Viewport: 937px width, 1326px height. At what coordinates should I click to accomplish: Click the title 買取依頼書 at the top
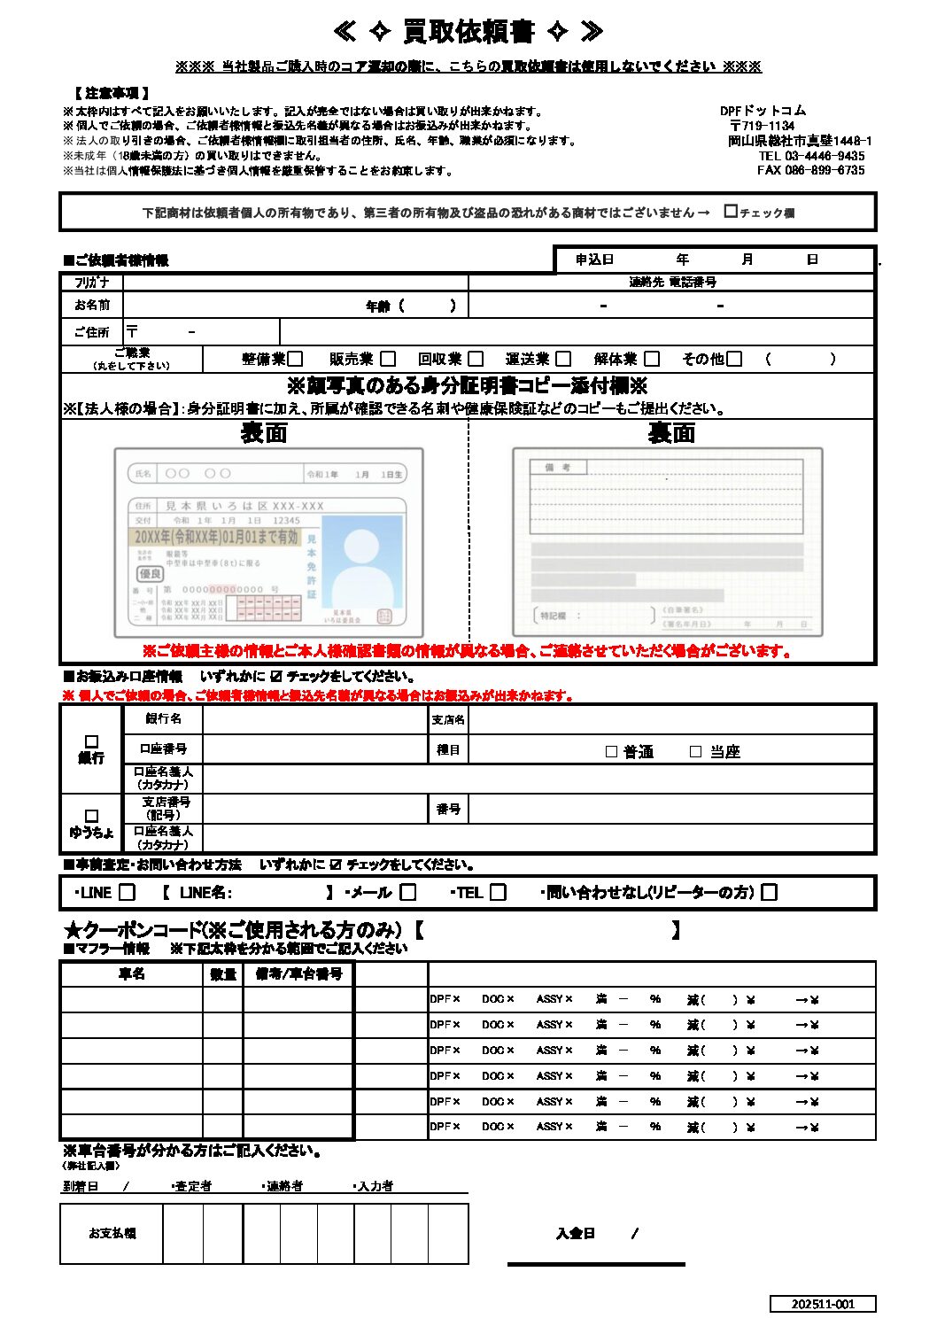click(468, 32)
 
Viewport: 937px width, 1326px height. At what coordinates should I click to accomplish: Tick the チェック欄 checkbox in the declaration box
click(731, 212)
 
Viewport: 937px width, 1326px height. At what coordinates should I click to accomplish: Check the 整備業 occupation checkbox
click(296, 359)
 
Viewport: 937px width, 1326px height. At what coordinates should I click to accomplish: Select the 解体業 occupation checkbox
click(652, 359)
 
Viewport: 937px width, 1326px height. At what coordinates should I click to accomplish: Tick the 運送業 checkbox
click(563, 359)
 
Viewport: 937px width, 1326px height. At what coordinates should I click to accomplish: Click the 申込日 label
click(594, 260)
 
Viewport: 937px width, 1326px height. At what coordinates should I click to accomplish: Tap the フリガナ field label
click(92, 283)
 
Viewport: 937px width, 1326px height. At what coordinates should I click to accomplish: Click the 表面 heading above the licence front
click(264, 433)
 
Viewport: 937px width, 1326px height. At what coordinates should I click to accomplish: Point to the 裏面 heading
click(671, 433)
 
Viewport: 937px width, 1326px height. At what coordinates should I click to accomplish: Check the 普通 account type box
click(611, 752)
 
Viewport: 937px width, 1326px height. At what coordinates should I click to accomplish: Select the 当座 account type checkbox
click(695, 752)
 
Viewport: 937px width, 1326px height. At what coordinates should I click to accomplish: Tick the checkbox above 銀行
click(91, 741)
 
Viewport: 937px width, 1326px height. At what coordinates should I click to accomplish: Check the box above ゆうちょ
click(91, 816)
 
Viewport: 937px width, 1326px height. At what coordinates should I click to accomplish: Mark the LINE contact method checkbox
click(128, 893)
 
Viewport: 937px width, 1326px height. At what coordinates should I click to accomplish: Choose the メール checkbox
click(408, 893)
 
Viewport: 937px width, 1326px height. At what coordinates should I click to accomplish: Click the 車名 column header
click(132, 974)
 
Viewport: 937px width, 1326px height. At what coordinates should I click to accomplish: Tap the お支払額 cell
click(112, 1233)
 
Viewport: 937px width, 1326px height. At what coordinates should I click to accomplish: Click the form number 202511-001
click(823, 1304)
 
